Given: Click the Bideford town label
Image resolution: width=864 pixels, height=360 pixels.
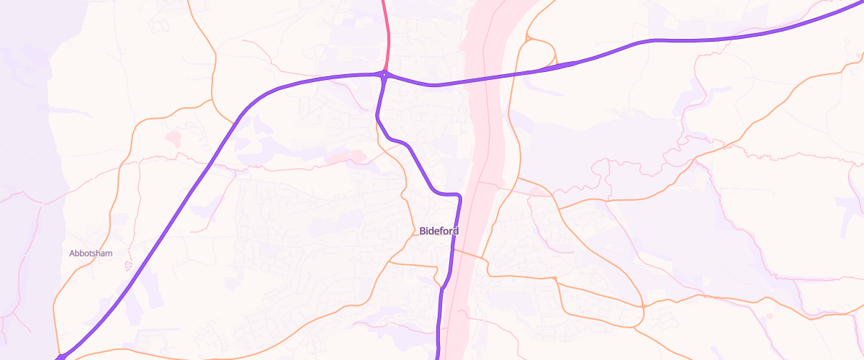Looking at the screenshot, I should (438, 231).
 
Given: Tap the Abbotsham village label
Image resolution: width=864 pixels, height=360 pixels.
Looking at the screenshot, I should (91, 253).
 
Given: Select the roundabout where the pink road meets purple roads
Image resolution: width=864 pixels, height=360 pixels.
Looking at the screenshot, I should (385, 74).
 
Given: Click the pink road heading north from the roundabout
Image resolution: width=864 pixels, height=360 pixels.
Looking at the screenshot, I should (387, 36).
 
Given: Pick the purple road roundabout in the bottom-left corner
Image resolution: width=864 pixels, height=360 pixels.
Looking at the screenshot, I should (61, 356).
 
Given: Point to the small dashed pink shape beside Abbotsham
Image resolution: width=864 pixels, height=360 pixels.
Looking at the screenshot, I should (129, 266).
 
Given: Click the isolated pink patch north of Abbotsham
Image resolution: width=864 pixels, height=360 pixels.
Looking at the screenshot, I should (174, 136).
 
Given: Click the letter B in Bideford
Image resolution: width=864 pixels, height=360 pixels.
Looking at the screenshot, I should (422, 231).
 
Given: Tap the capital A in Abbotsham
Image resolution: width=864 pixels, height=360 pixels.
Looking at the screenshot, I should (72, 253).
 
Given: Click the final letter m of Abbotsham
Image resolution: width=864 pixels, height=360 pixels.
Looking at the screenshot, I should (109, 253).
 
